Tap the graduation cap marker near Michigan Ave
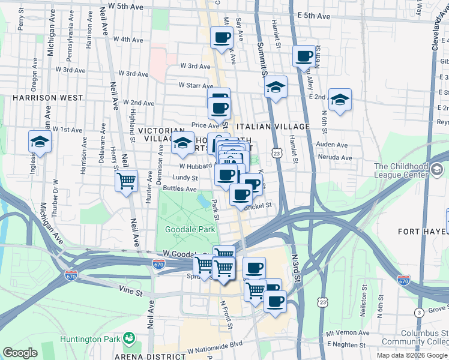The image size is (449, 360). coord(40,142)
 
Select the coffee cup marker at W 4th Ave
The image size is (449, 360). coord(221,38)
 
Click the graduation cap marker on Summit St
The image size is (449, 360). coord(276,87)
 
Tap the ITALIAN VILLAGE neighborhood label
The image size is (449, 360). coord(273,127)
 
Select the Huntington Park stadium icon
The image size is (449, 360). coord(128,340)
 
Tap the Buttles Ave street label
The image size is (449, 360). coord(180,188)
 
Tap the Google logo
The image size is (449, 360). coord(20,353)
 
